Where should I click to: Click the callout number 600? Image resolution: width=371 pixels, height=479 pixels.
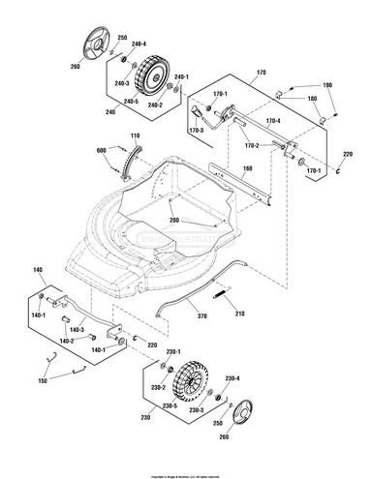coord(102,150)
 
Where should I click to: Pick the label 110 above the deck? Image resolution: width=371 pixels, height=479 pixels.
coord(134,136)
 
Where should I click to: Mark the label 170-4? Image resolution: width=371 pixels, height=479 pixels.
coord(275,121)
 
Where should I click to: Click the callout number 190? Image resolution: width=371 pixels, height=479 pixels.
coord(326,86)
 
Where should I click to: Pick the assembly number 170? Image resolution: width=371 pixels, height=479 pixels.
coord(261,72)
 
